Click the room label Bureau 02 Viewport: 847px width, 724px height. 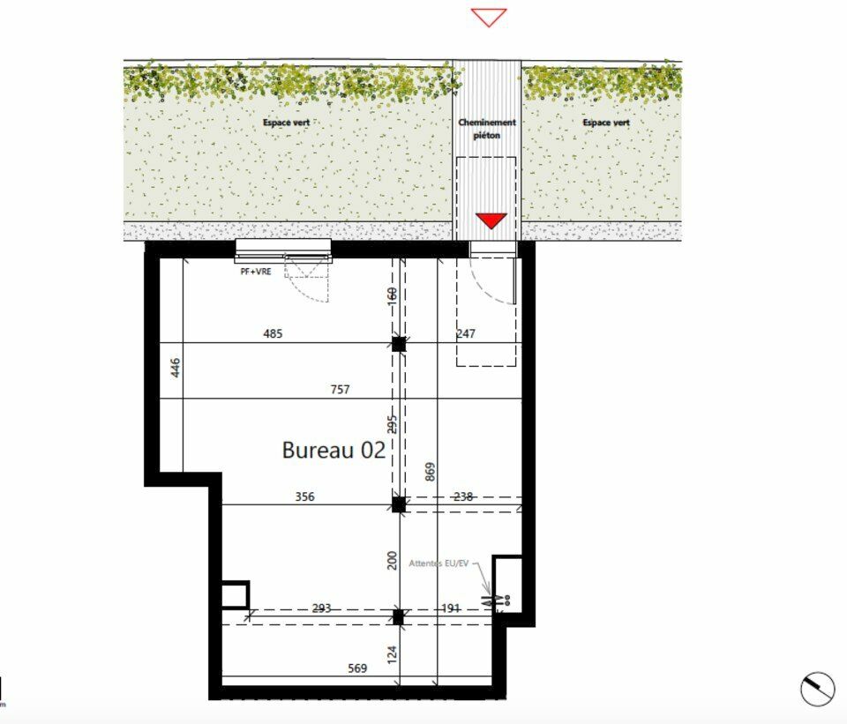pos(334,450)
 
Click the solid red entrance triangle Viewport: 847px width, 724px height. pos(491,220)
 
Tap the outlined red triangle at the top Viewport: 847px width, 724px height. pos(488,17)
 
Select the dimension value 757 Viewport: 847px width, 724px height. pos(340,389)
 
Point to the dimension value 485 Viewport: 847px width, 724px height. pos(273,333)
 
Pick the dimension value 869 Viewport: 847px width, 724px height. pos(430,471)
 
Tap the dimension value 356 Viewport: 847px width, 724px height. pos(304,496)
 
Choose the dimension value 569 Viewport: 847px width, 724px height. pos(356,668)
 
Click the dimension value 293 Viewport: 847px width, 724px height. pos(321,608)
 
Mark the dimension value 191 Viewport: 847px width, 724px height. pos(450,608)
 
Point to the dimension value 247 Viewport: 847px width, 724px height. pos(466,333)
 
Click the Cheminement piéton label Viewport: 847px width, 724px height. pos(487,129)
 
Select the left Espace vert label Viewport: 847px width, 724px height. pos(287,123)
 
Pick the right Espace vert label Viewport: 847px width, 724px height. pos(606,123)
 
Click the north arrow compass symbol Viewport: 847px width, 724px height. pos(818,689)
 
